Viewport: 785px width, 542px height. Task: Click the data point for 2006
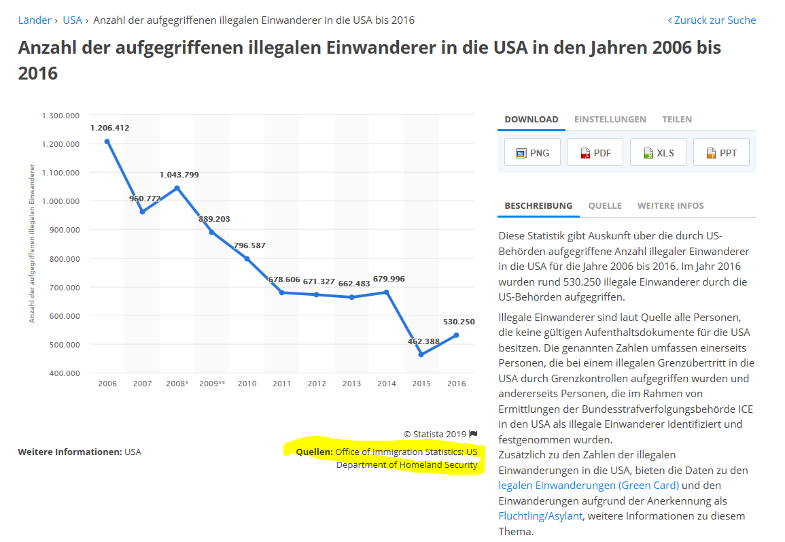point(107,141)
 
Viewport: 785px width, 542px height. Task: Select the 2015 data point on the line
point(421,355)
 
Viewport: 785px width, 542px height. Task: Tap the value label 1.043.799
point(179,175)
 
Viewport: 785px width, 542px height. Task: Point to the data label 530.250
point(458,322)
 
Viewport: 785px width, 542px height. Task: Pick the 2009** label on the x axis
point(212,384)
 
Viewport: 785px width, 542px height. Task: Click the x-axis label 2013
point(351,384)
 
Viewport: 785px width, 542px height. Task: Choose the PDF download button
point(595,152)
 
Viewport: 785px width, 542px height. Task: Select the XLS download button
point(658,152)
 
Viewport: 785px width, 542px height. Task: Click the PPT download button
point(720,152)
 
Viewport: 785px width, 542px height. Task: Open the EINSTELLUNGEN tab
point(610,119)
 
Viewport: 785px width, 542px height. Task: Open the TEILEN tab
point(677,119)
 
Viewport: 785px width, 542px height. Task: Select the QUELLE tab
point(605,205)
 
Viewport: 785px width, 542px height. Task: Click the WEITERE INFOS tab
point(670,205)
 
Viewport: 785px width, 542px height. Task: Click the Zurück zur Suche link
point(712,20)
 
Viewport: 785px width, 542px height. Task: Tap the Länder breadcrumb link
point(35,20)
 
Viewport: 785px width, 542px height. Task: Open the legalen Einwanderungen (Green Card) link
point(589,485)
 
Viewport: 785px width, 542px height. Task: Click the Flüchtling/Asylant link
point(540,515)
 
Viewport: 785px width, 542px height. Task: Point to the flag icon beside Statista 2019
point(473,434)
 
